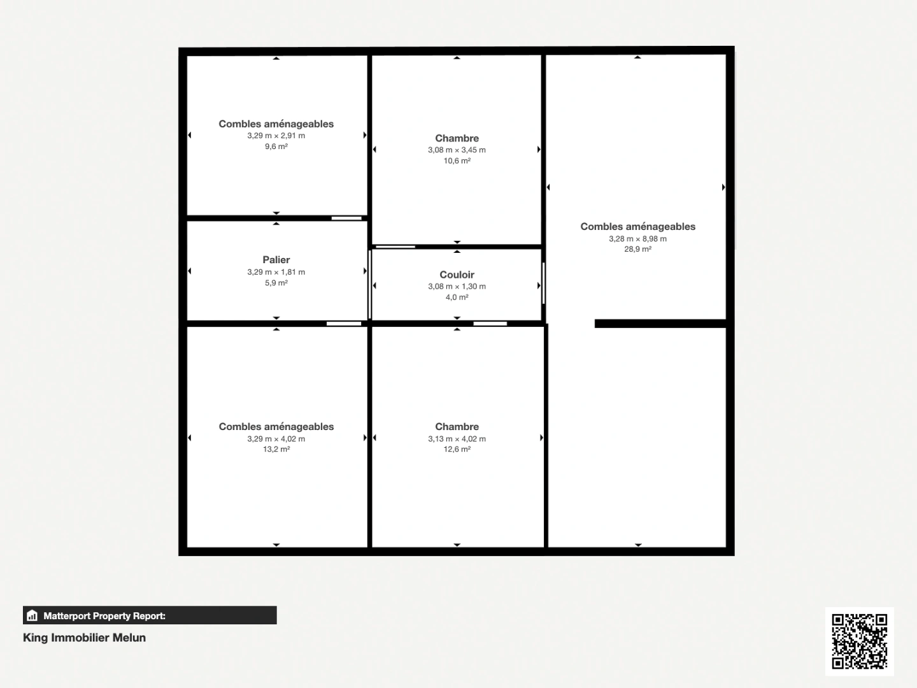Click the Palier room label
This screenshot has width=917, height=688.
tap(276, 260)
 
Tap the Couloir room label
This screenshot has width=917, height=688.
tap(457, 275)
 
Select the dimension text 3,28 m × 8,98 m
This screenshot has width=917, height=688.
tap(637, 239)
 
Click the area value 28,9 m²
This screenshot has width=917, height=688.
tap(637, 250)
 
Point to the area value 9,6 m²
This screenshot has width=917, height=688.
tap(276, 147)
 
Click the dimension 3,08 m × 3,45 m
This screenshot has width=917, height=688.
tap(457, 150)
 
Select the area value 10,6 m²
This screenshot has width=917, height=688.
tap(457, 161)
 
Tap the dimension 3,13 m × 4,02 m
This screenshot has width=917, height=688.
tap(457, 439)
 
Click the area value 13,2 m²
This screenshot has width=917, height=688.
tap(276, 450)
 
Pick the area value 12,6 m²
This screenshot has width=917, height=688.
tap(457, 450)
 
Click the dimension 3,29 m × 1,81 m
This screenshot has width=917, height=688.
tap(276, 272)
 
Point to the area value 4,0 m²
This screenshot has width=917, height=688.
tap(457, 297)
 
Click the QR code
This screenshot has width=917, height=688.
tap(859, 641)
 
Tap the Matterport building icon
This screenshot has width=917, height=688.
tap(32, 615)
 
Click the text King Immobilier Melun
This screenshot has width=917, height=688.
tap(84, 638)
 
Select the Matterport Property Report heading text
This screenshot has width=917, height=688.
tap(104, 616)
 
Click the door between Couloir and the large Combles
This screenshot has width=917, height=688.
tap(543, 283)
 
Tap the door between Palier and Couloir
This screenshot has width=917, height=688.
tap(369, 284)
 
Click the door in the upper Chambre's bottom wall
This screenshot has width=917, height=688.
tap(395, 247)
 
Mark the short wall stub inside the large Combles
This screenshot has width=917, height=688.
tap(660, 324)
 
